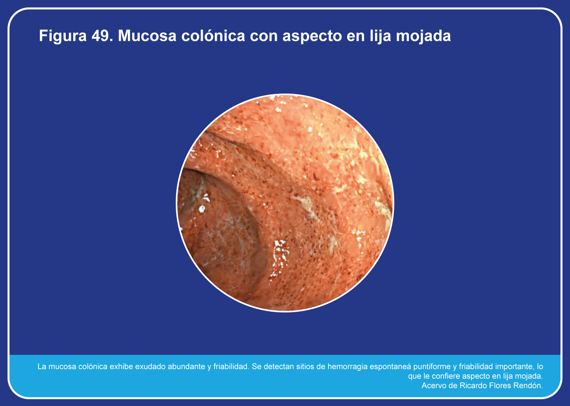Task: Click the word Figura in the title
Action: click(63, 36)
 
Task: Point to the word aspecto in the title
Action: click(312, 36)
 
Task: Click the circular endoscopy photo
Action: click(285, 203)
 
